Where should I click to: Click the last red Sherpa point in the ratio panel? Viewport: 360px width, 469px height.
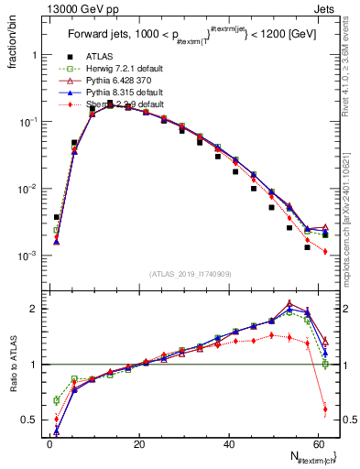click(325, 409)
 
